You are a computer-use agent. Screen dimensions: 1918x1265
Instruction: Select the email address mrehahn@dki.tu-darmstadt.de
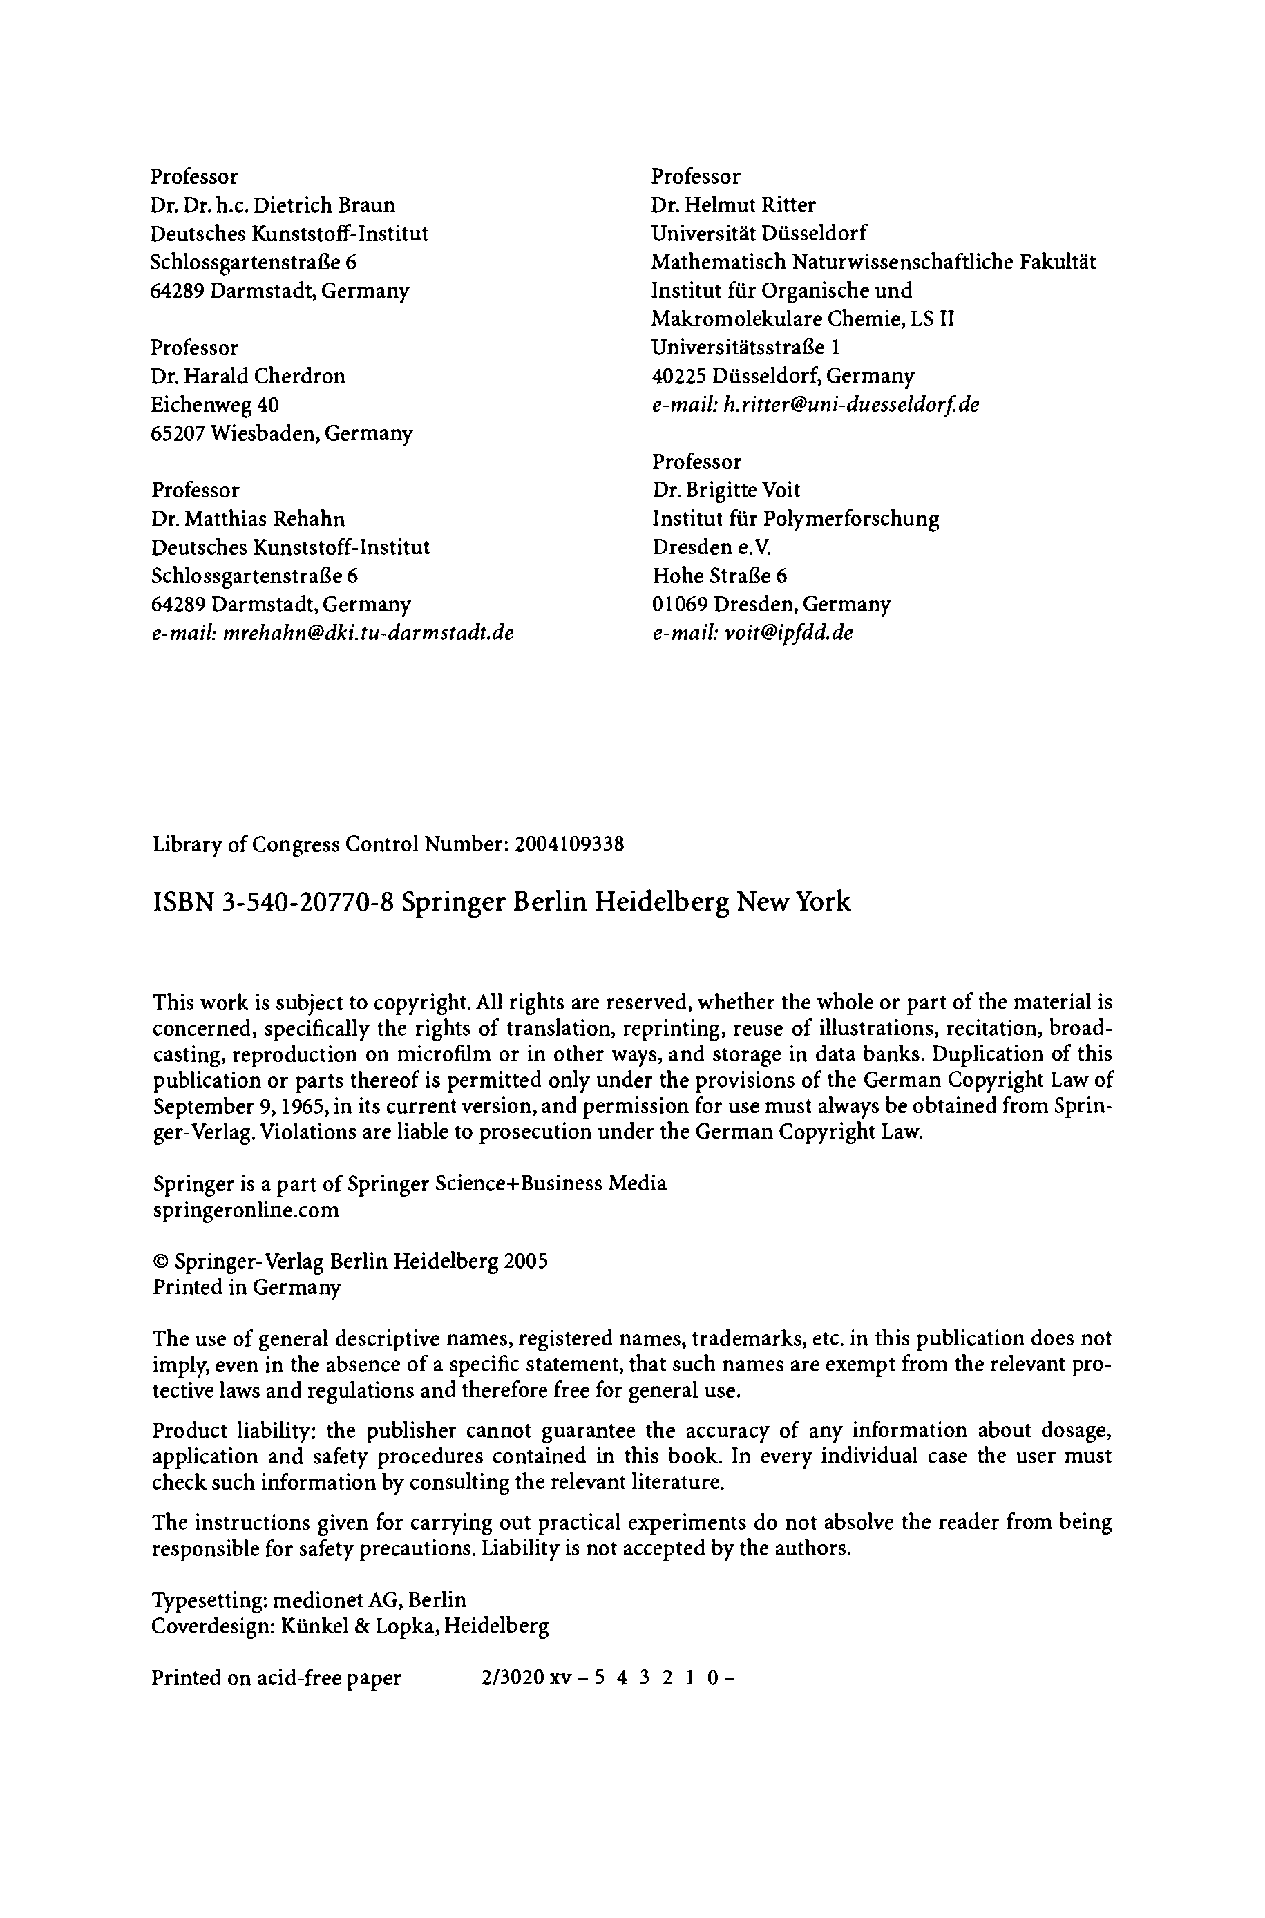368,632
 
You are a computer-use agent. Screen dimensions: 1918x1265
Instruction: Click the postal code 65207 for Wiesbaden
178,433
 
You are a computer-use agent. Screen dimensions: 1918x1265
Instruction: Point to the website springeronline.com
245,1210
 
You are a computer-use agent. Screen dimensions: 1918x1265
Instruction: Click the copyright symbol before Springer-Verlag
160,1262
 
